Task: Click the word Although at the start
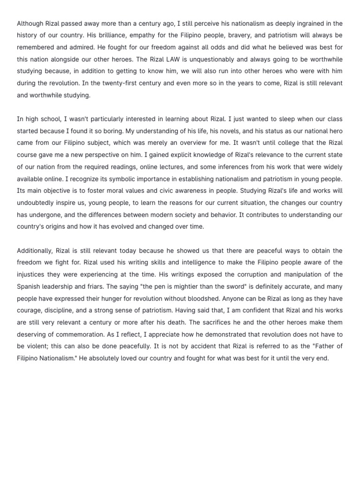click(x=30, y=23)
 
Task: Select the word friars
click(x=116, y=286)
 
